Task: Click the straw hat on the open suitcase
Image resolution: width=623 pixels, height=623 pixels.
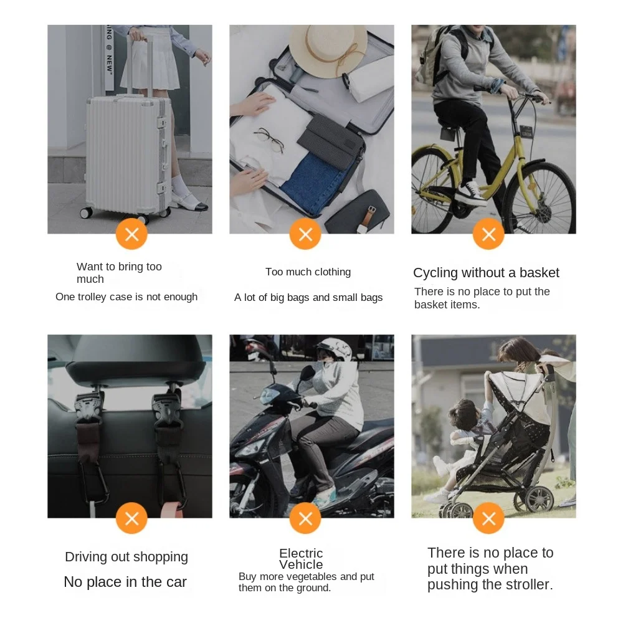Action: click(x=328, y=51)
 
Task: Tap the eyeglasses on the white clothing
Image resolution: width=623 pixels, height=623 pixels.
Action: click(x=269, y=140)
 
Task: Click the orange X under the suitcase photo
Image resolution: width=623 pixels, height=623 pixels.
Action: click(x=131, y=234)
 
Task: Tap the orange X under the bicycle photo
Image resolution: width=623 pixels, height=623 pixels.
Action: click(x=488, y=234)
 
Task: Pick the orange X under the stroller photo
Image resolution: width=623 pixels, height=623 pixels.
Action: click(x=488, y=518)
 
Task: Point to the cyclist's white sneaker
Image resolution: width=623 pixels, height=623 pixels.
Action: click(x=471, y=193)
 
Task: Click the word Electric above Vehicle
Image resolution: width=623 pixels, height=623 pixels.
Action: click(x=301, y=553)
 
